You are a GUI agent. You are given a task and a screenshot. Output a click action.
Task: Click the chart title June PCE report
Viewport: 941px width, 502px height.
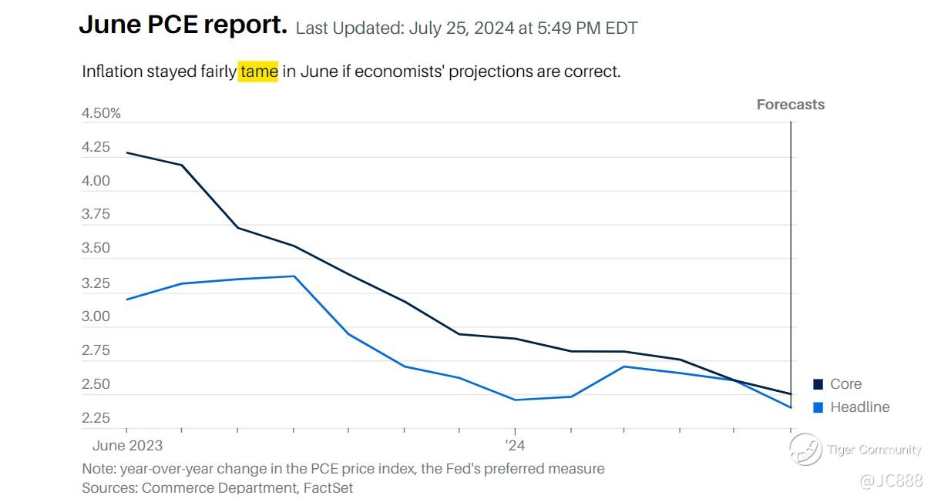click(183, 25)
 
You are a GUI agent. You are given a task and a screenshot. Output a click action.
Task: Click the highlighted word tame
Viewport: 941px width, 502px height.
click(258, 72)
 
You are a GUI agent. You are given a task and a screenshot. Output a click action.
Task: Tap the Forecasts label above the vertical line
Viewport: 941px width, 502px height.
click(790, 105)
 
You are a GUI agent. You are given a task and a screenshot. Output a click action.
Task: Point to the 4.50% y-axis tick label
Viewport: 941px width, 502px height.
click(101, 114)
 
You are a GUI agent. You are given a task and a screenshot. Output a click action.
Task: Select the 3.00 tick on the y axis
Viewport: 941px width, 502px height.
click(96, 316)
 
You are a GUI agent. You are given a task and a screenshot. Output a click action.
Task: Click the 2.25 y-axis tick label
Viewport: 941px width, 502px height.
click(96, 418)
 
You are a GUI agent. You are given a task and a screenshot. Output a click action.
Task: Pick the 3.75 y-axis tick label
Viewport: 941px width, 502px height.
click(96, 215)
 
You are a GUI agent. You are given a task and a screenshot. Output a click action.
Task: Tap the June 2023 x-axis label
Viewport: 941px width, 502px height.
click(127, 446)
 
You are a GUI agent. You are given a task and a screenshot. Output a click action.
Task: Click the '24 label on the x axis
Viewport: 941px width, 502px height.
click(514, 446)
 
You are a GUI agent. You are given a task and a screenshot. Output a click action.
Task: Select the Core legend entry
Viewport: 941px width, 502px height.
click(845, 384)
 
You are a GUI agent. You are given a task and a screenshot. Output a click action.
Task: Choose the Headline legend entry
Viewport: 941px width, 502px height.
click(859, 407)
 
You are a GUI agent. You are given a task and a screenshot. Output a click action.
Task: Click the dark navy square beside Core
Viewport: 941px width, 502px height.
click(818, 384)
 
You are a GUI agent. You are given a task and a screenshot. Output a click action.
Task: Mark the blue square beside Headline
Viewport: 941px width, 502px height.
click(818, 407)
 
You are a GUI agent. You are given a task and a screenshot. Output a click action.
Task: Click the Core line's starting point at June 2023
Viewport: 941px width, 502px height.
click(127, 152)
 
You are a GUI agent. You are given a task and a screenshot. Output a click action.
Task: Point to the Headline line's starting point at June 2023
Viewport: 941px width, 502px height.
click(127, 300)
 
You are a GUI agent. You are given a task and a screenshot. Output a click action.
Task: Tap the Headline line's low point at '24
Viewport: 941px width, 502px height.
click(514, 400)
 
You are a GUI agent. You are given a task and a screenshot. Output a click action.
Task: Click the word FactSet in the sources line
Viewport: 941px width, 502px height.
click(328, 487)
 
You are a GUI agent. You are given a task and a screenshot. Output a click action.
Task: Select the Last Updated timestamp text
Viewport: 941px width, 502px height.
click(466, 28)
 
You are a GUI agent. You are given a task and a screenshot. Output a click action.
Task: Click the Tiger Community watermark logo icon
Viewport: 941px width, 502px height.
click(805, 450)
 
